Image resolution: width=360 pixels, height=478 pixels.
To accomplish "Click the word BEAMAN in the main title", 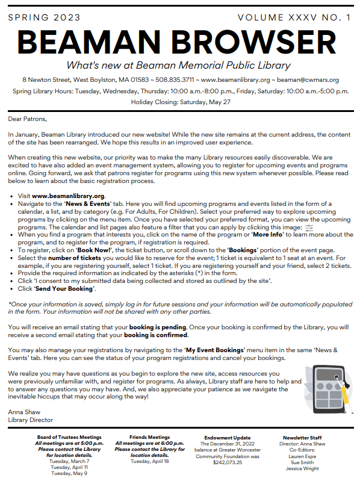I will pyautogui.click(x=81, y=41).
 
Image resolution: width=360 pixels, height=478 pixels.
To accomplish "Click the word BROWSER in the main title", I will pyautogui.click(x=250, y=41).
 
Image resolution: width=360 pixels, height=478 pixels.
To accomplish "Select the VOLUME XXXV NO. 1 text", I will pyautogui.click(x=294, y=17).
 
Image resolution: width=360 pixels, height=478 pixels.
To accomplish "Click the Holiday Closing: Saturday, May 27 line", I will pyautogui.click(x=180, y=102).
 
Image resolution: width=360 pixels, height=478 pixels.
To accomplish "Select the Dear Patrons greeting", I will pyautogui.click(x=27, y=119).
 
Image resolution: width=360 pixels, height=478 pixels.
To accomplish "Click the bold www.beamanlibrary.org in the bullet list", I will pyautogui.click(x=68, y=196).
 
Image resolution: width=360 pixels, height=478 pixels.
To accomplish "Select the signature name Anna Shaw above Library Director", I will pyautogui.click(x=22, y=412).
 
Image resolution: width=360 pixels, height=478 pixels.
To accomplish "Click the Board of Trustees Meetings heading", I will pyautogui.click(x=69, y=437).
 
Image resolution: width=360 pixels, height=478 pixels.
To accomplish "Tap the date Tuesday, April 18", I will pyautogui.click(x=149, y=461).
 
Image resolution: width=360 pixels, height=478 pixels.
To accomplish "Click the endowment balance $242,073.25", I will pyautogui.click(x=227, y=461).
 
